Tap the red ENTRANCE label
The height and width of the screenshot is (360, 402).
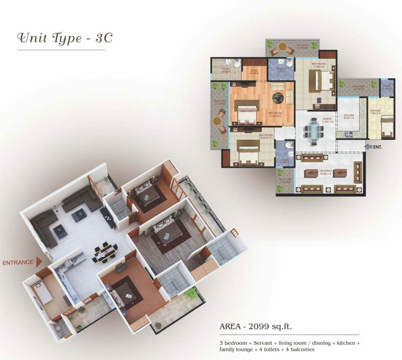click(x=18, y=262)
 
